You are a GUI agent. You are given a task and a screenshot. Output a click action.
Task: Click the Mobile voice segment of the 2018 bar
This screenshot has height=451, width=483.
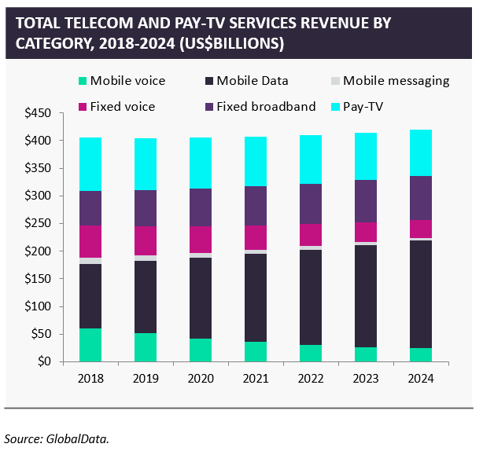coord(90,345)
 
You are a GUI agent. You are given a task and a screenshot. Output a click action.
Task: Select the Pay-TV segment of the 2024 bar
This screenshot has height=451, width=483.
coord(422,152)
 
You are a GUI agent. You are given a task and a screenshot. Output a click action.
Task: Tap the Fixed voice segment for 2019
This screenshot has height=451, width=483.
coord(146,240)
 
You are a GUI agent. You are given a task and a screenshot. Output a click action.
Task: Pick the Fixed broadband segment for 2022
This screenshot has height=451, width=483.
coord(312,203)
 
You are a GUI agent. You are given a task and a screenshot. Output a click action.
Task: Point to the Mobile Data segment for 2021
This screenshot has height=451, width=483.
coord(256,297)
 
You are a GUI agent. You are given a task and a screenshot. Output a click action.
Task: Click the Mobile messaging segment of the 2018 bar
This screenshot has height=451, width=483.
coord(90,261)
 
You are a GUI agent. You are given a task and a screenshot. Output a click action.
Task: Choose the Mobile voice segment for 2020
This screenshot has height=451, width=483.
coord(201,350)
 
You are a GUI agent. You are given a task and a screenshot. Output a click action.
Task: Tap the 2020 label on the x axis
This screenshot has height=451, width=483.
coord(201,377)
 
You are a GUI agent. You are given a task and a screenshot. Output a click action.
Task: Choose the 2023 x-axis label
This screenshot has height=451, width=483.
coord(367,377)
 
